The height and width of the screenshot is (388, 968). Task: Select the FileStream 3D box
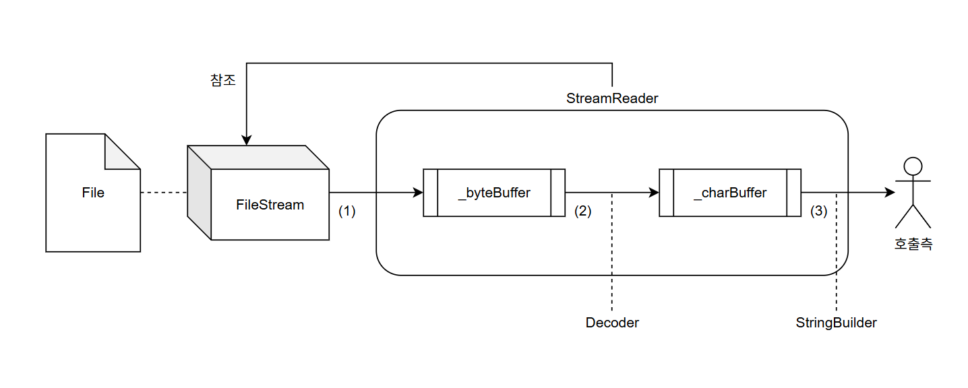click(x=270, y=204)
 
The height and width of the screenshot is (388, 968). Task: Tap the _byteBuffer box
click(x=494, y=193)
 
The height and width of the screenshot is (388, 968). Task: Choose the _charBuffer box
click(x=730, y=193)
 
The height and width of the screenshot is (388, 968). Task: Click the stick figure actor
click(x=913, y=192)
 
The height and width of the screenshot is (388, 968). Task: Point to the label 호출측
click(x=913, y=245)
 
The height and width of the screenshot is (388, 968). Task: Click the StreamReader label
click(x=612, y=98)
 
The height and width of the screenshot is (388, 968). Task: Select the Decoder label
click(x=612, y=323)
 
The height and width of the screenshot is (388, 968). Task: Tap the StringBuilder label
click(x=836, y=323)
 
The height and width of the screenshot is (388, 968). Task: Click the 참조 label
click(x=223, y=79)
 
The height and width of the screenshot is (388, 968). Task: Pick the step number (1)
click(x=346, y=211)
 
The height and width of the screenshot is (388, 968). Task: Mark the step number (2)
click(x=582, y=211)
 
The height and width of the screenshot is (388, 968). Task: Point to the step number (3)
click(x=818, y=211)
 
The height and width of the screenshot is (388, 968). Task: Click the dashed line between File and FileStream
click(x=164, y=193)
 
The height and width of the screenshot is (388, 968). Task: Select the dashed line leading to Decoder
click(x=612, y=256)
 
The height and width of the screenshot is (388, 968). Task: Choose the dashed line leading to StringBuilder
click(x=836, y=256)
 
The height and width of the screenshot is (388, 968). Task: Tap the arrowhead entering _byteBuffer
click(x=417, y=193)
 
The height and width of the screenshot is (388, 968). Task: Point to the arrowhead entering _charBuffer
click(x=653, y=193)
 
